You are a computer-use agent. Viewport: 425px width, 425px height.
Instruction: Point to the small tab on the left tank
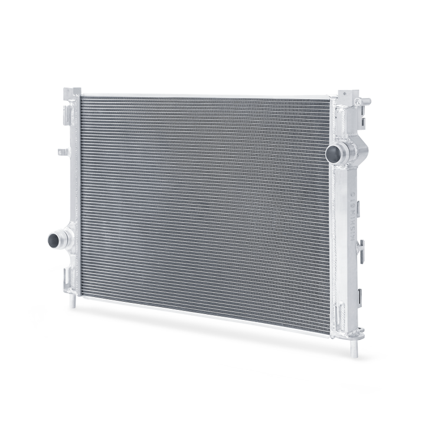(x=62, y=152)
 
